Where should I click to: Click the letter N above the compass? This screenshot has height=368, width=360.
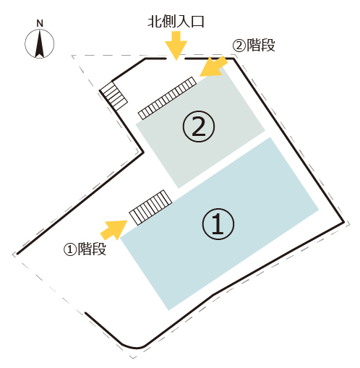coord(40,23)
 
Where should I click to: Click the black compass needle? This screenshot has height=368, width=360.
coord(40,44)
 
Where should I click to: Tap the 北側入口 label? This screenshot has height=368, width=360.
coord(176,22)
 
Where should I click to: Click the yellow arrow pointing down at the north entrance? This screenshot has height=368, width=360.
coord(176,46)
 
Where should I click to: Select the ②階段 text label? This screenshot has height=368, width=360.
coord(254,45)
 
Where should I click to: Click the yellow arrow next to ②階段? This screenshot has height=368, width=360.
coord(213,67)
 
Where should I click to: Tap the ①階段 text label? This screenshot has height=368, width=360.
coord(85,249)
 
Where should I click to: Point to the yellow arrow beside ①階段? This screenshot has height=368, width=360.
coord(113,229)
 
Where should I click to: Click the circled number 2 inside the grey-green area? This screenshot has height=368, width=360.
coord(199,127)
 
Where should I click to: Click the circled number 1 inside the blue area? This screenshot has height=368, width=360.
coord(218,223)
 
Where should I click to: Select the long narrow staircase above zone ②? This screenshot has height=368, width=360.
coord(167,98)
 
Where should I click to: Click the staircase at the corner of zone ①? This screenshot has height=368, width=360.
coord(150,207)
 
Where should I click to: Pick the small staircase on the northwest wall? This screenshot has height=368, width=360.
coord(113,95)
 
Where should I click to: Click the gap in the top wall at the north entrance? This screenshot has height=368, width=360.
coord(176,59)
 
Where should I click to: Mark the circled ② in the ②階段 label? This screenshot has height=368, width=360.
coord(239,45)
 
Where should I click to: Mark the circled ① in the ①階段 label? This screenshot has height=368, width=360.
coord(70,249)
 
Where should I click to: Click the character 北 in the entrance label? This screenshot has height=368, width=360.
coord(155,22)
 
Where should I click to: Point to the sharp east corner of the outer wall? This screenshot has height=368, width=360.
coord(344,222)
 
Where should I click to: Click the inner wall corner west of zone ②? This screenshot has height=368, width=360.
coord(143,153)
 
